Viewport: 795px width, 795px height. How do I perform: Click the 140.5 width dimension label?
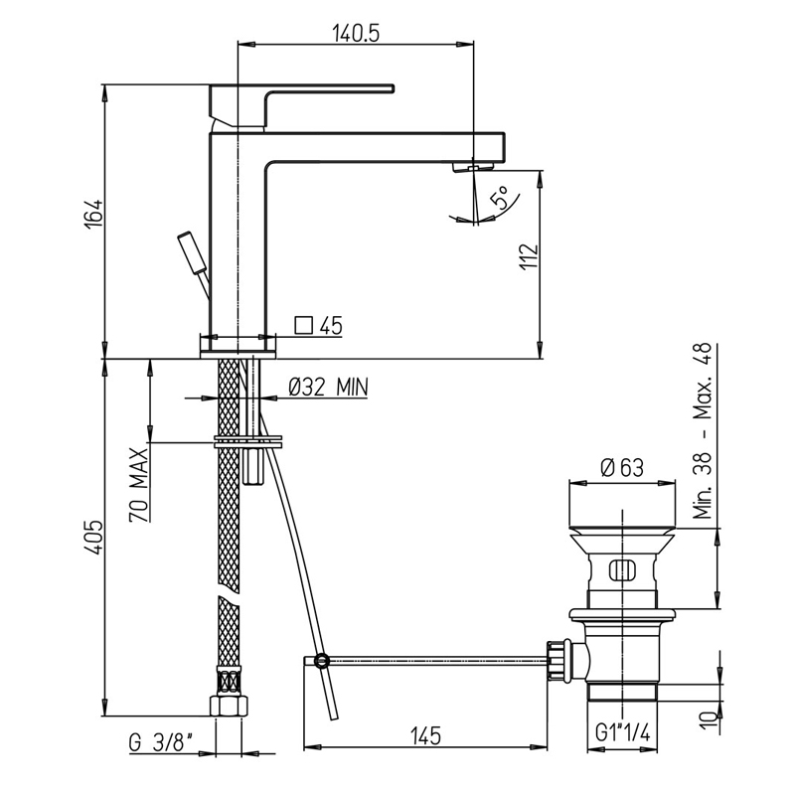[356, 34]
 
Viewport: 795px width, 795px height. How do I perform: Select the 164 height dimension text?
[94, 215]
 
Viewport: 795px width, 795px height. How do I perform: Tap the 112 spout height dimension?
[529, 257]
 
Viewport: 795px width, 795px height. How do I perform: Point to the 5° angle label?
[500, 198]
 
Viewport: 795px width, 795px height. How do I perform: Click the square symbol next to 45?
[303, 325]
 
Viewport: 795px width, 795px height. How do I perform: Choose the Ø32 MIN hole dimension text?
[328, 388]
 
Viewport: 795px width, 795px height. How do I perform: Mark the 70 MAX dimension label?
[138, 485]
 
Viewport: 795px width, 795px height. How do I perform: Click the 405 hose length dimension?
[94, 538]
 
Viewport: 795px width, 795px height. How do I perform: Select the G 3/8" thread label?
[161, 743]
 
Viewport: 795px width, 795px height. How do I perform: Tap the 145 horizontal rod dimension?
[425, 736]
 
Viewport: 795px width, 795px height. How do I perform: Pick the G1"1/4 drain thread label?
[622, 732]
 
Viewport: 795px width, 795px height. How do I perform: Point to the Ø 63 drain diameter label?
[622, 467]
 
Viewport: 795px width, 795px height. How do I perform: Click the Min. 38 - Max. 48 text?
[703, 431]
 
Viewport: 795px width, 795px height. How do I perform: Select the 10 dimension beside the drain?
[710, 722]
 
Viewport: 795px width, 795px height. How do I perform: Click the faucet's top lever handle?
[302, 105]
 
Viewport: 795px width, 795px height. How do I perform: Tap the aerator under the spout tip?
[473, 167]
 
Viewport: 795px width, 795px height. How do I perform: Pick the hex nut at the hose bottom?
[229, 706]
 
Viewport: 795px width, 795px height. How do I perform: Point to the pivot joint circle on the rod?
[321, 660]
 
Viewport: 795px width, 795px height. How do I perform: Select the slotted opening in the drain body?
[622, 569]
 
